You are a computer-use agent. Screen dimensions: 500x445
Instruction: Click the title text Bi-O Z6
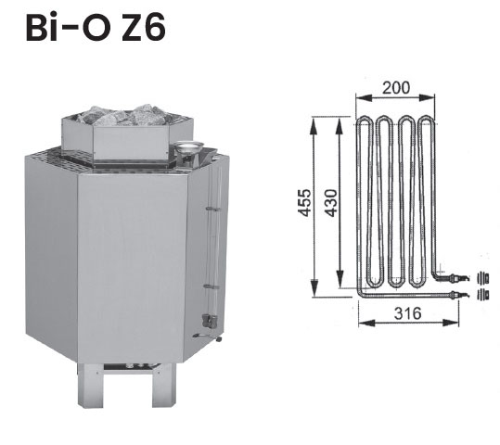click(x=96, y=28)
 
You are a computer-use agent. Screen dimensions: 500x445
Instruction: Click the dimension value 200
click(x=396, y=88)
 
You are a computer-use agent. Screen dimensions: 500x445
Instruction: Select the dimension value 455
click(x=304, y=203)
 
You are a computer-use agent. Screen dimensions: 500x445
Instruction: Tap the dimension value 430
click(x=331, y=203)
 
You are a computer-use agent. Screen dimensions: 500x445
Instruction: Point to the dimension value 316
click(x=408, y=313)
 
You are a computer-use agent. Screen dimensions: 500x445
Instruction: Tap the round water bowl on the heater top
click(x=189, y=147)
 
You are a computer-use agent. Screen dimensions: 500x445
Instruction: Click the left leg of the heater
click(x=90, y=385)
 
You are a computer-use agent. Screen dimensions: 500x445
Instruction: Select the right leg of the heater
click(x=163, y=385)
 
